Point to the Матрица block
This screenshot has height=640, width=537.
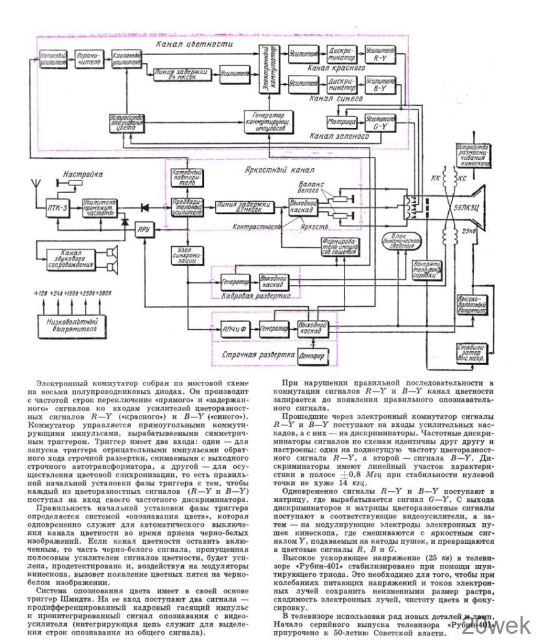tap(340, 121)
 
